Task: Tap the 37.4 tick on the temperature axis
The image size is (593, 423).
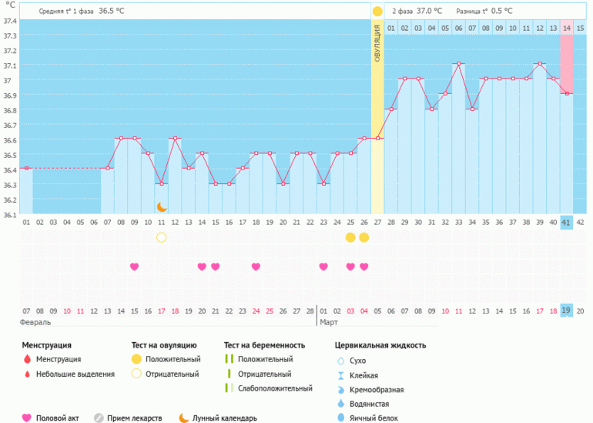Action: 9,21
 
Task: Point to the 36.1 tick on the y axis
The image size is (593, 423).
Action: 9,215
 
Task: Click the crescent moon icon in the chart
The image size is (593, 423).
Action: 162,206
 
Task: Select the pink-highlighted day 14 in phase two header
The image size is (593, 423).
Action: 566,29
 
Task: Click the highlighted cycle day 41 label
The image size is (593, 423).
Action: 566,223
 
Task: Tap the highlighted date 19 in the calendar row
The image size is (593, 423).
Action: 566,311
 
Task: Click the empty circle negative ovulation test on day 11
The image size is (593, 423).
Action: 162,237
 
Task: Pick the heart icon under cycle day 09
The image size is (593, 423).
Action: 135,267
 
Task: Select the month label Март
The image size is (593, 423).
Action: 329,322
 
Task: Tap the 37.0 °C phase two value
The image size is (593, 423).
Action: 429,12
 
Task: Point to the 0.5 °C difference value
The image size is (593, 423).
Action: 502,12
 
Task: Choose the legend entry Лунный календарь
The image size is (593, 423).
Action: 224,418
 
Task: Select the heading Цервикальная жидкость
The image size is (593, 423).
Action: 380,345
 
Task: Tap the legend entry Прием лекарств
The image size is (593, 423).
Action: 134,418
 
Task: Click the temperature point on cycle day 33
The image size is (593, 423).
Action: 458,63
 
